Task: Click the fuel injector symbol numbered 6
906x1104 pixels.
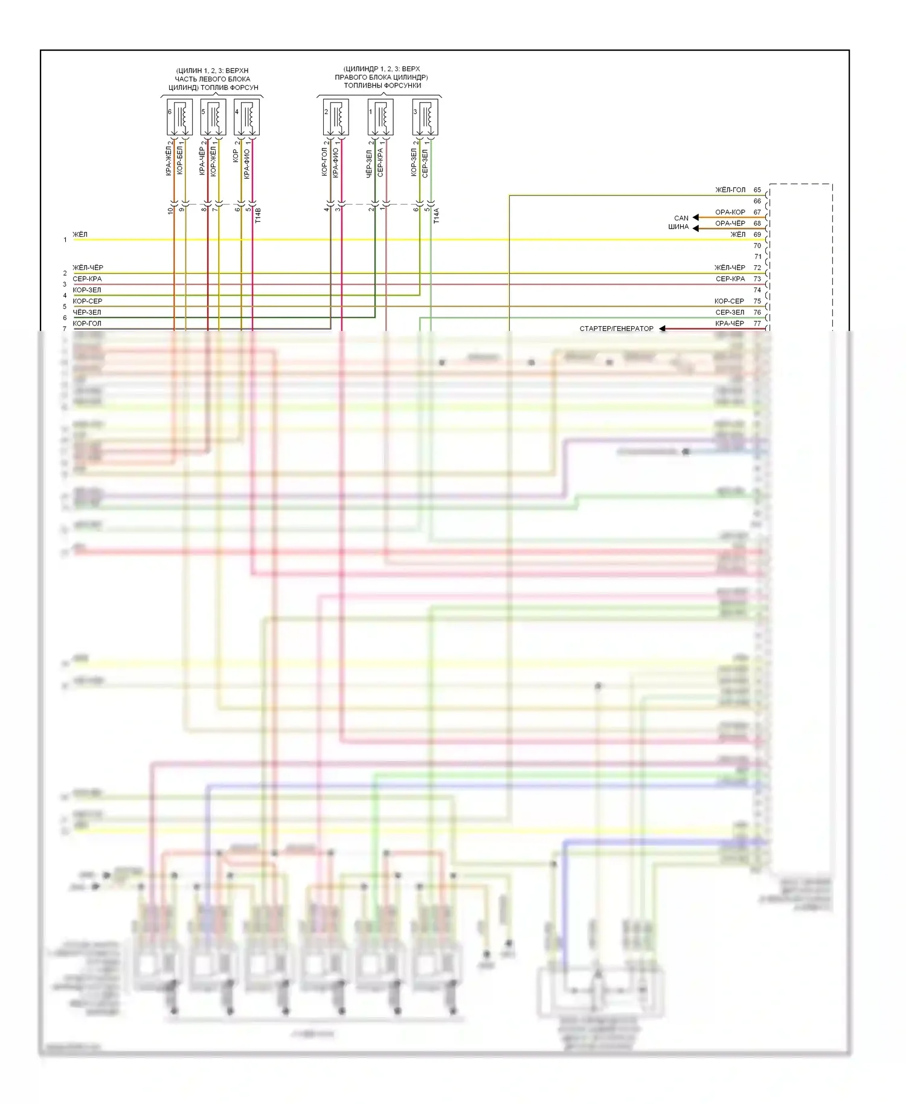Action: click(179, 117)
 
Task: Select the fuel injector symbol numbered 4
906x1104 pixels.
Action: click(246, 117)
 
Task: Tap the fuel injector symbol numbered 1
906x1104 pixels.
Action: click(381, 117)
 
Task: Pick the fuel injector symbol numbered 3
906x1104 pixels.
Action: click(425, 117)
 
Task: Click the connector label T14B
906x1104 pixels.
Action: click(258, 216)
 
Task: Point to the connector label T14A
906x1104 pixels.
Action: click(437, 216)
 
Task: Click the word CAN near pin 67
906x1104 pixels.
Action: click(681, 218)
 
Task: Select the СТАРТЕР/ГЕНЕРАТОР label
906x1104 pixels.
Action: click(616, 329)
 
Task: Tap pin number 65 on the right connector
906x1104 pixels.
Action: click(757, 190)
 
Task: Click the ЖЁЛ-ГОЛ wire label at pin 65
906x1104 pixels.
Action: click(730, 190)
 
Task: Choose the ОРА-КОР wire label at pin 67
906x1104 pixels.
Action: click(730, 212)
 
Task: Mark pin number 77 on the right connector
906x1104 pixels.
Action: click(757, 323)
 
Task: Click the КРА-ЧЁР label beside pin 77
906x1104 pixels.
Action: click(730, 323)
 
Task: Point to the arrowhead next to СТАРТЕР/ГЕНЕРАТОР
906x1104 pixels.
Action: click(663, 329)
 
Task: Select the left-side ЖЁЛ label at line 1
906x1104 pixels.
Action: click(80, 234)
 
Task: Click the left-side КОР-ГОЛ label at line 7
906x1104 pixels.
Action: click(87, 323)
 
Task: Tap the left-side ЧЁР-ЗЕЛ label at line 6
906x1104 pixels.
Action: click(87, 312)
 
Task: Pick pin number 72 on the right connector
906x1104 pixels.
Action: click(757, 268)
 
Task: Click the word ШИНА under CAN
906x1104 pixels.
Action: click(678, 227)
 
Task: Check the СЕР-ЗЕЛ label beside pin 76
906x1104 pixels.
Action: click(730, 312)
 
